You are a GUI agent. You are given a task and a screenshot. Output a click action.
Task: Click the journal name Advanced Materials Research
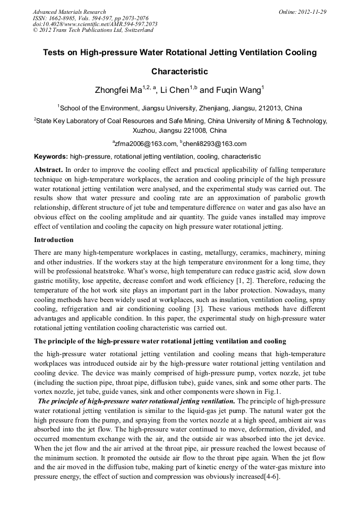click(x=69, y=12)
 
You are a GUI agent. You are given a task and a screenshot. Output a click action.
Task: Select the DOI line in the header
click(x=95, y=24)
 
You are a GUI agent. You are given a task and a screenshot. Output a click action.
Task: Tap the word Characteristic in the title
click(x=179, y=71)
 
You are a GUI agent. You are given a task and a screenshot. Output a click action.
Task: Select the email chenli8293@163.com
click(x=215, y=143)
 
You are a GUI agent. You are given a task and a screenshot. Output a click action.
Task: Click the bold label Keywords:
click(x=51, y=157)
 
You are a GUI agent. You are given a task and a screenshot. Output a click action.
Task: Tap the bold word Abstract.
click(x=48, y=170)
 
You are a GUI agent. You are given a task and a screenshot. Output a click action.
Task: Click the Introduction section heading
click(x=54, y=240)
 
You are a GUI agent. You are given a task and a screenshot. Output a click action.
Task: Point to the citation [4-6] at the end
click(x=270, y=477)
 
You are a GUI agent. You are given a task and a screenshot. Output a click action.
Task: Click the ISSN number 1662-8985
click(x=62, y=18)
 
